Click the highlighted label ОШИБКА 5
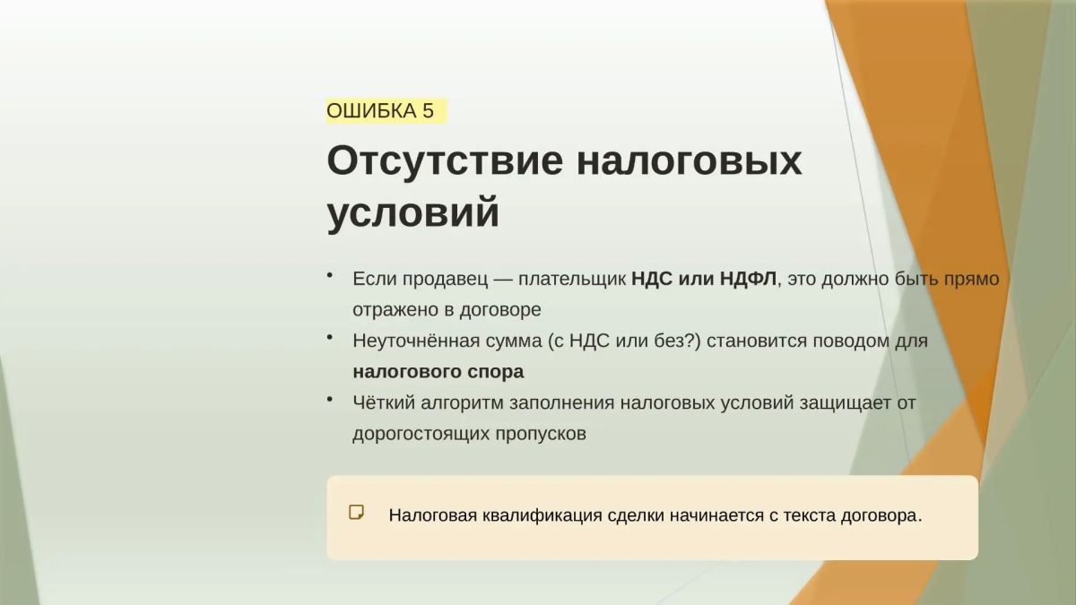pyautogui.click(x=386, y=111)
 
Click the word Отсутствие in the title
pyautogui.click(x=445, y=160)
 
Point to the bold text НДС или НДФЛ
pyautogui.click(x=704, y=279)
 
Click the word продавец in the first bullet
pyautogui.click(x=445, y=279)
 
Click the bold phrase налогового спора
pyautogui.click(x=438, y=372)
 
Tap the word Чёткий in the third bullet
pyautogui.click(x=384, y=402)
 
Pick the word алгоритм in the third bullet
pyautogui.click(x=462, y=402)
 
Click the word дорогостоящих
pyautogui.click(x=421, y=434)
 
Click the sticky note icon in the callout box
pyautogui.click(x=356, y=513)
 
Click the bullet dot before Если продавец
pyautogui.click(x=330, y=276)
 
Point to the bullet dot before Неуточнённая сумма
pyautogui.click(x=330, y=338)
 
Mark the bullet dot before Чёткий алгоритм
pyautogui.click(x=330, y=399)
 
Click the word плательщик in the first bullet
pyautogui.click(x=572, y=279)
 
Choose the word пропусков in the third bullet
pyautogui.click(x=541, y=434)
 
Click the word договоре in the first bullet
pyautogui.click(x=500, y=310)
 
